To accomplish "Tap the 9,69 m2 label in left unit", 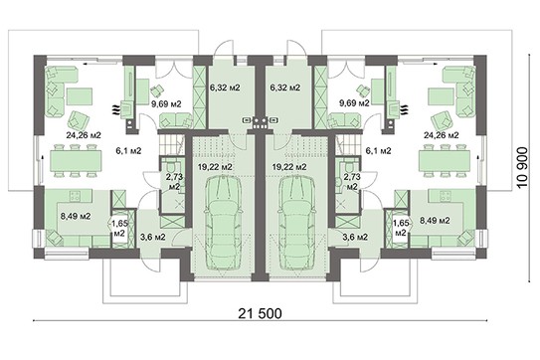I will point(164,101).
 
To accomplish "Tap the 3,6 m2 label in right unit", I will point(356,236).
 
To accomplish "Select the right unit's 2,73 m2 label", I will point(350,180).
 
